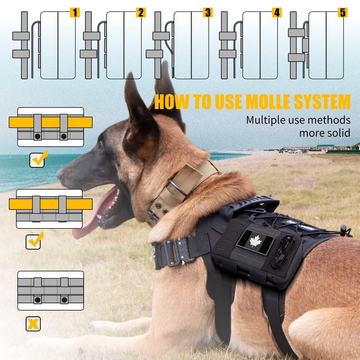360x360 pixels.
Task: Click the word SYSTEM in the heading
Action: [x=320, y=102]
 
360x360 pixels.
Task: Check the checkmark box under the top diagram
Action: [x=37, y=159]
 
